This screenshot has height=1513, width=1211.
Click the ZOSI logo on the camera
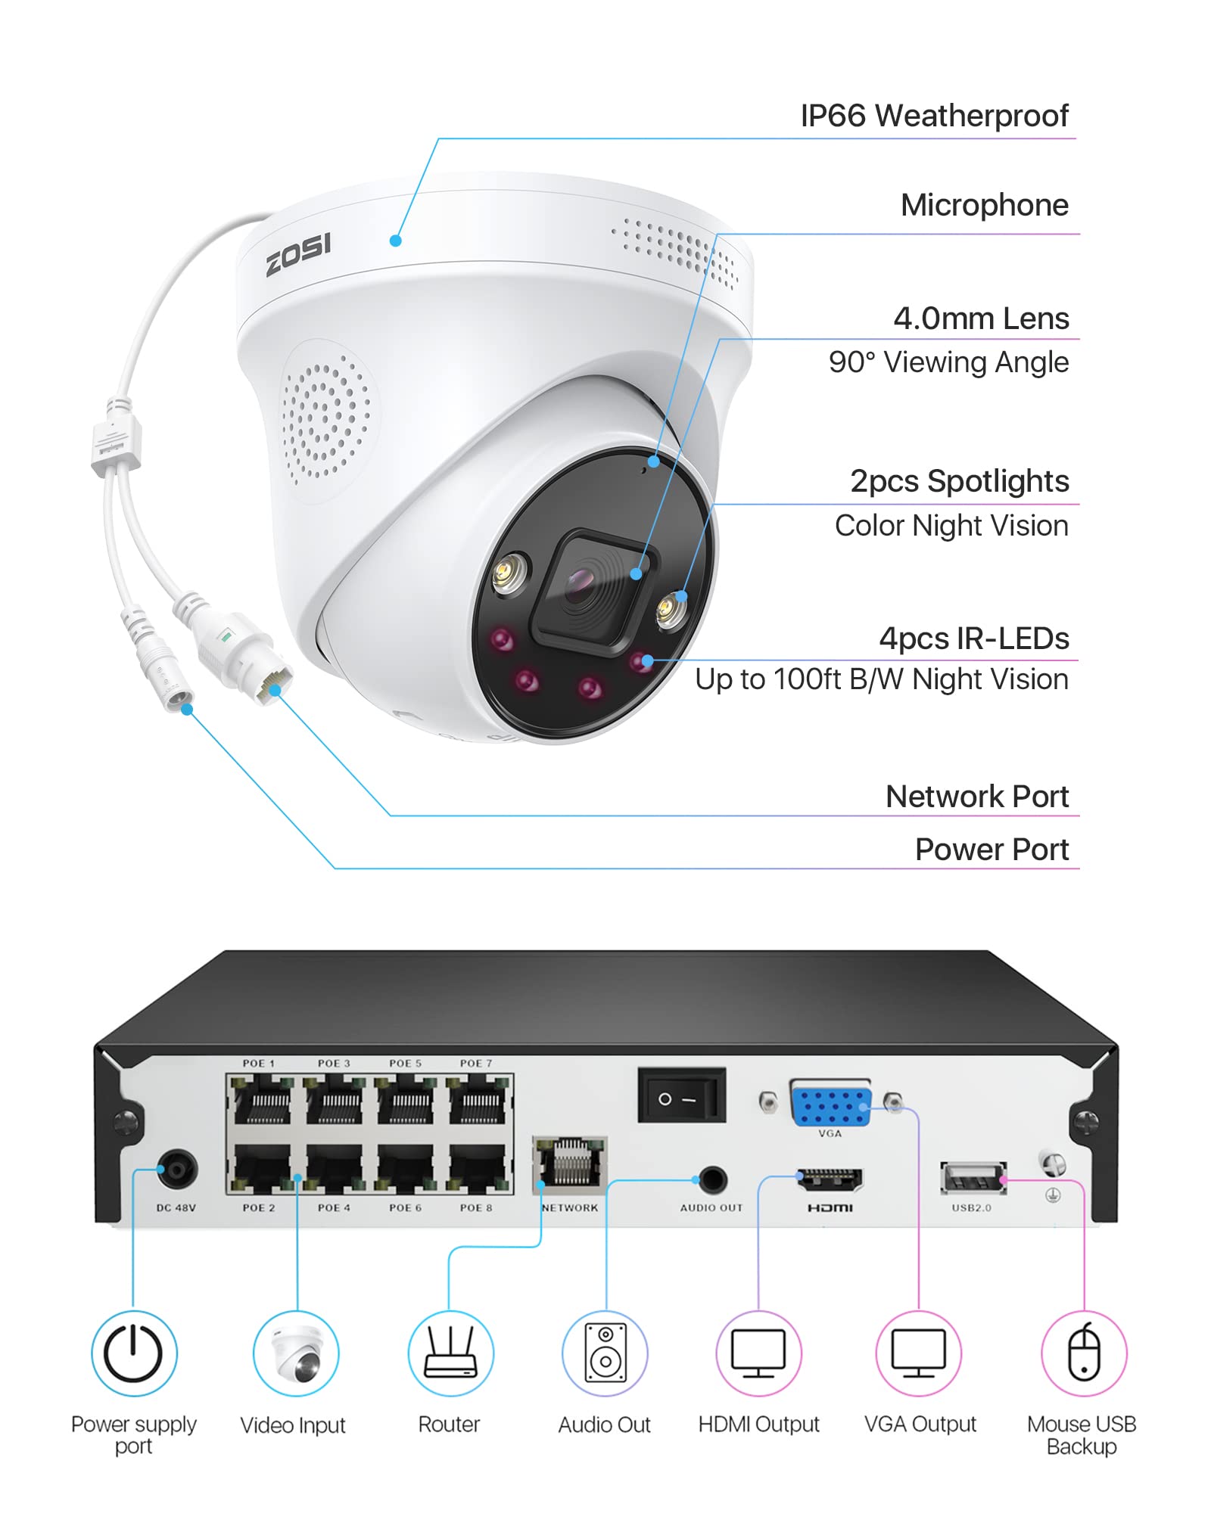(298, 254)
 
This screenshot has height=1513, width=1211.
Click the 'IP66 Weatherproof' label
(934, 116)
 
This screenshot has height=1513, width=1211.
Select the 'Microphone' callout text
(984, 205)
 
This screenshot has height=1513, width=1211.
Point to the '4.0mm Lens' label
(981, 318)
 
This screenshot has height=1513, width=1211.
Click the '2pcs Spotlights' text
(959, 481)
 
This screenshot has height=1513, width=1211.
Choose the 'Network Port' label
(976, 797)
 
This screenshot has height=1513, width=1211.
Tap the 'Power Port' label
(992, 850)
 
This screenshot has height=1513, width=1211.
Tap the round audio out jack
(712, 1179)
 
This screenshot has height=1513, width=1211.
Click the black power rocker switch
(681, 1095)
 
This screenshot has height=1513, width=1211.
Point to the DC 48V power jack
(177, 1170)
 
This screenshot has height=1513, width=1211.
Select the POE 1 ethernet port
(262, 1101)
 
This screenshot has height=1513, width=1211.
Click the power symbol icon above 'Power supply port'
(134, 1353)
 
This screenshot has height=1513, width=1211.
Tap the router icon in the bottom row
(450, 1353)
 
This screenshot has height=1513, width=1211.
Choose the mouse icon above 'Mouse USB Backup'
(1084, 1353)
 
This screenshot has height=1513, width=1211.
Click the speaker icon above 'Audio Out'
(605, 1353)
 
